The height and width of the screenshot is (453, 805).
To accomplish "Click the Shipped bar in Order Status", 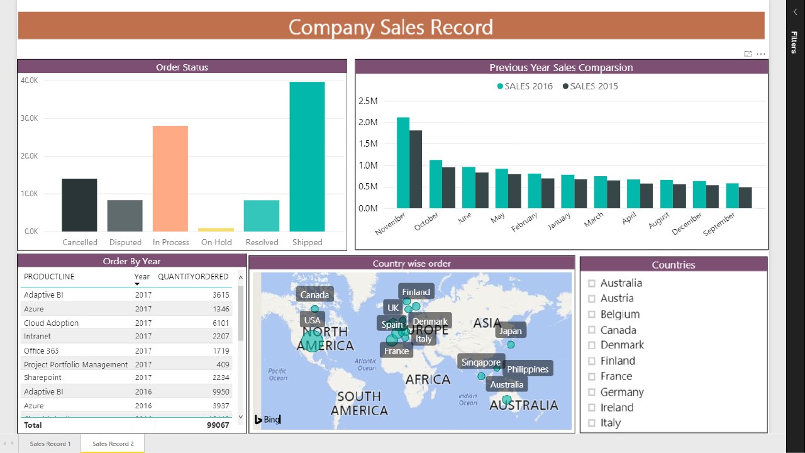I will tap(307, 157).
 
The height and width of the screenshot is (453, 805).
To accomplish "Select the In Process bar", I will tap(170, 179).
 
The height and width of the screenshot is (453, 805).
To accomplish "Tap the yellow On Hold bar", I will tap(216, 230).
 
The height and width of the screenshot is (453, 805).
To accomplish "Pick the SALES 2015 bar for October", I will tap(448, 187).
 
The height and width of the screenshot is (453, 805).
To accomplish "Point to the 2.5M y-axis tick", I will tap(367, 101).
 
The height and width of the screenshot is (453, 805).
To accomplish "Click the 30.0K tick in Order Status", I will tap(29, 118).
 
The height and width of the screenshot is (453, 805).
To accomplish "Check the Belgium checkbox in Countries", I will tap(591, 315).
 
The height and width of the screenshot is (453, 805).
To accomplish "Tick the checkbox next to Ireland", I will tap(591, 408).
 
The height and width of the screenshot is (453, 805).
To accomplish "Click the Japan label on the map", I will tap(510, 330).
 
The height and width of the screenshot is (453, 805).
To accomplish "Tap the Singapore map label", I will tap(481, 362).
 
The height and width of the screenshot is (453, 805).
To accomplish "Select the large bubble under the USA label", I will tap(312, 342).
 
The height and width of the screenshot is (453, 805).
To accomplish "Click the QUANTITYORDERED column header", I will tap(193, 277).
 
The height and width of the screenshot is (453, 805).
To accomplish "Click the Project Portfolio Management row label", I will tap(75, 364).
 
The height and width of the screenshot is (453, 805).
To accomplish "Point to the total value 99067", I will tap(217, 425).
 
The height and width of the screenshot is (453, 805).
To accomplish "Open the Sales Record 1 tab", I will tap(50, 444).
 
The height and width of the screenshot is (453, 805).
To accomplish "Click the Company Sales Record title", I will tap(391, 27).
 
